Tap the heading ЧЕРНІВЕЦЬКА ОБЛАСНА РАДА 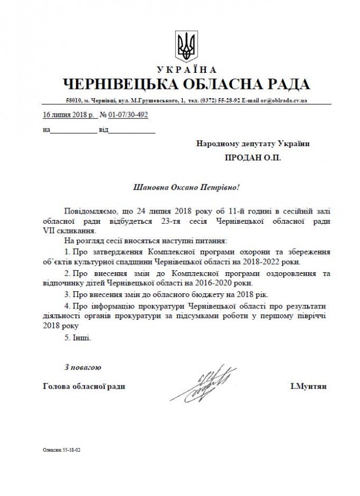pos(186,85)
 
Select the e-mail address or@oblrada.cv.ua pos(285,100)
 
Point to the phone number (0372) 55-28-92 pos(221,100)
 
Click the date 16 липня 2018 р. pos(68,115)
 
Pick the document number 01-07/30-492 pos(128,115)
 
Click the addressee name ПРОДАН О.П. pos(253,159)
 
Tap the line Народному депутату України pos(253,144)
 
